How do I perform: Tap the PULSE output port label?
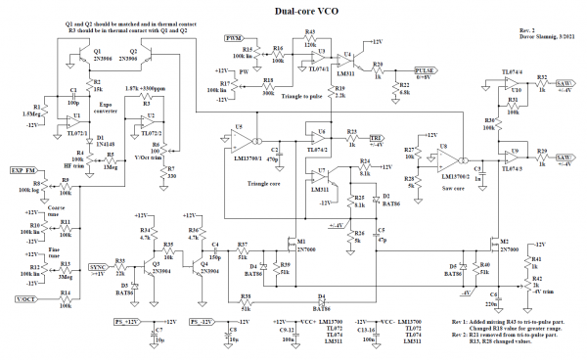[x=425, y=71]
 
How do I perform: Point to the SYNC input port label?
[x=97, y=265]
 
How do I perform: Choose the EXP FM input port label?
[x=23, y=171]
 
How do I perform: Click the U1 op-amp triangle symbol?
[x=74, y=125]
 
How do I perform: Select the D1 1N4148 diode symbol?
[x=90, y=141]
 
